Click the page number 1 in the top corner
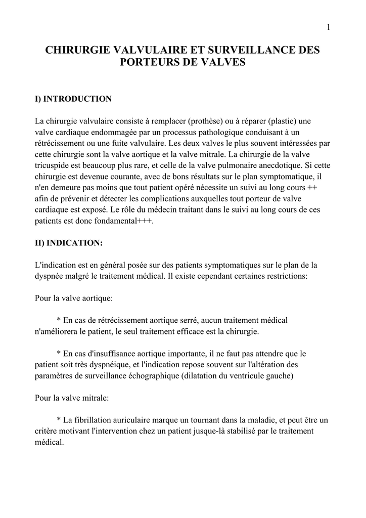328,27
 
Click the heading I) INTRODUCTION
73,99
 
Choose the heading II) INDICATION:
68,243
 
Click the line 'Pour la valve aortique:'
74,299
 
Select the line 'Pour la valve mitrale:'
72,398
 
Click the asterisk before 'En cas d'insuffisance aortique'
59,354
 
